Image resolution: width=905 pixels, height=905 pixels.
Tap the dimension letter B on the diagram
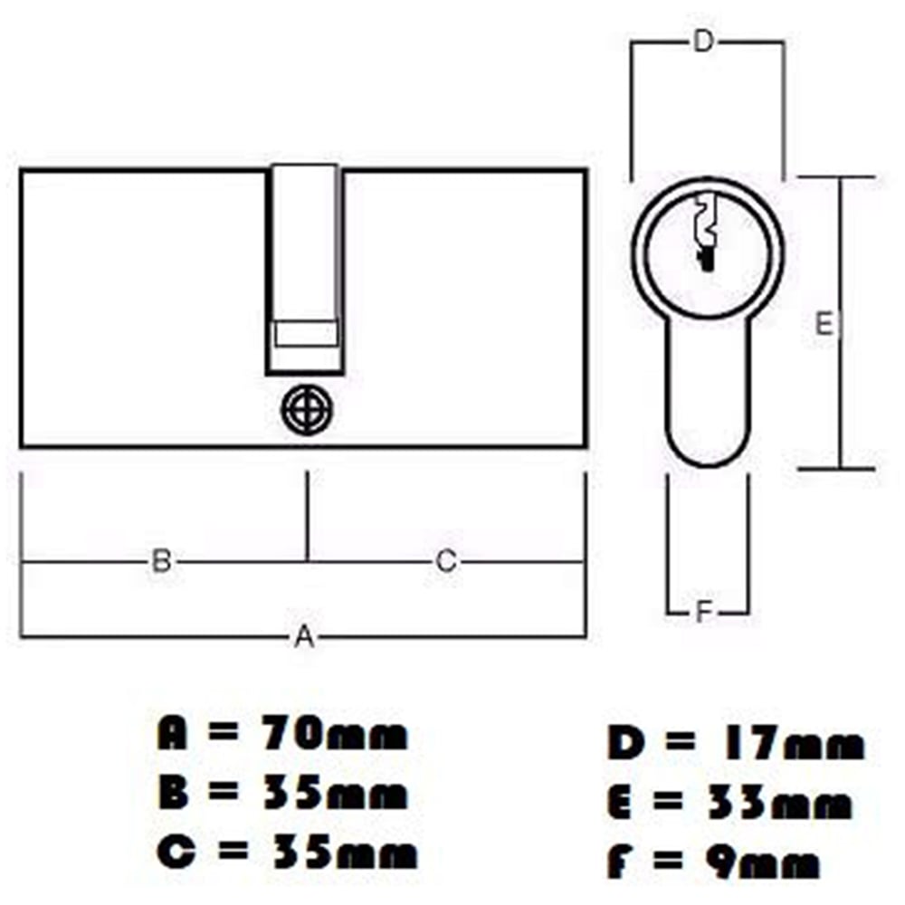tap(161, 561)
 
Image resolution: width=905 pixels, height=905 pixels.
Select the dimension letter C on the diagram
tap(445, 561)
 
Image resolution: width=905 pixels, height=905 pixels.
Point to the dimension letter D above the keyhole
tap(703, 42)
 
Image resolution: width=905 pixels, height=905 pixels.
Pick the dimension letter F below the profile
tap(706, 613)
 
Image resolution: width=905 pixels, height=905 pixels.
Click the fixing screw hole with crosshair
tap(307, 410)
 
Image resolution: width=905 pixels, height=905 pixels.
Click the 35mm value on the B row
tap(343, 795)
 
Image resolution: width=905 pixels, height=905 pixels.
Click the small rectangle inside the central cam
tap(306, 333)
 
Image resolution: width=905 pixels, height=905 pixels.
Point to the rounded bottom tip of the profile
tap(709, 465)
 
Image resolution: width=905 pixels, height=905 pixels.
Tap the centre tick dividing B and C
tap(308, 516)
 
